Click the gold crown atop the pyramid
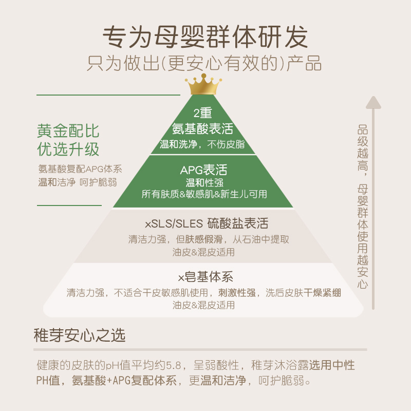(203, 84)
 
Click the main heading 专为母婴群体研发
(205, 37)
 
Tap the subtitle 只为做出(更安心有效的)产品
(205, 64)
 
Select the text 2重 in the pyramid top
(203, 114)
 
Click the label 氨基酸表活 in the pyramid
(203, 128)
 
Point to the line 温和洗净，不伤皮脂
(203, 144)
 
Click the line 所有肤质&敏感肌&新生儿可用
(204, 194)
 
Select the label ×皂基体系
(206, 277)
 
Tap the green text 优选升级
(68, 150)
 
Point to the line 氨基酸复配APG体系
(80, 169)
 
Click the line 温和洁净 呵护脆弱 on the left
(77, 182)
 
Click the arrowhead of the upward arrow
(373, 101)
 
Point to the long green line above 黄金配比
(108, 95)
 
